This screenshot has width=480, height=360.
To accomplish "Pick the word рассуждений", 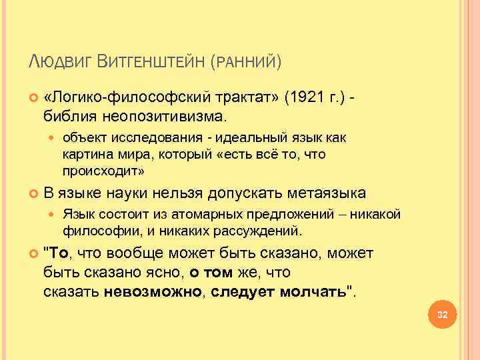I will (262, 231).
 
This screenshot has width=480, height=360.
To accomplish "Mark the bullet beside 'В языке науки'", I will (34, 194).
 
